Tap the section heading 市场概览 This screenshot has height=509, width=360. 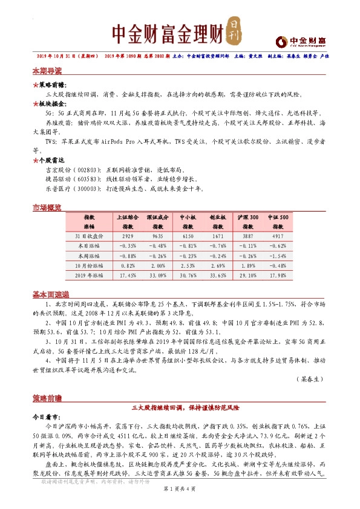47,207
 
